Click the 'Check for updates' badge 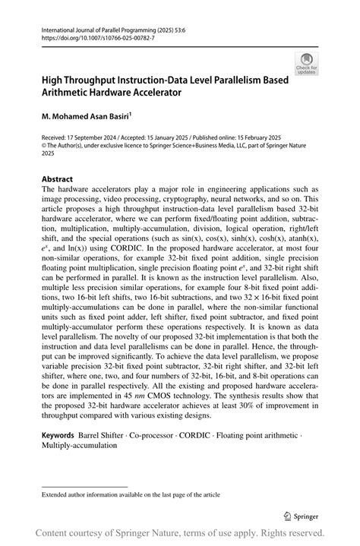[x=307, y=63]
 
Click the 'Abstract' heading [x=58, y=180]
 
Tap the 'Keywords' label [x=58, y=437]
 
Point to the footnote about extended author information [x=130, y=494]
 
